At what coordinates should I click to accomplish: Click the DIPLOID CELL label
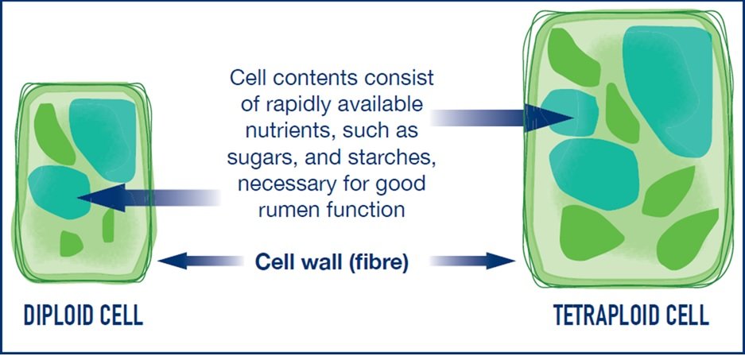[83, 315]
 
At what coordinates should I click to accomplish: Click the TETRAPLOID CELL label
[631, 315]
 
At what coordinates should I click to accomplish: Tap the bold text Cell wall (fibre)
[332, 262]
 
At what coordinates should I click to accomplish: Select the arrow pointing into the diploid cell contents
[149, 198]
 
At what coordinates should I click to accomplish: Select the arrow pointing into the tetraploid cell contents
[502, 118]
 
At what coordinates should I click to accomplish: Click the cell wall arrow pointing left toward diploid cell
[200, 261]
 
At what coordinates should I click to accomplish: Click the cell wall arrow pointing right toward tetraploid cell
[473, 261]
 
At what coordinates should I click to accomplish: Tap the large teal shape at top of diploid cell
[103, 137]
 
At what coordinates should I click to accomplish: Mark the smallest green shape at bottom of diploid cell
[71, 243]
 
